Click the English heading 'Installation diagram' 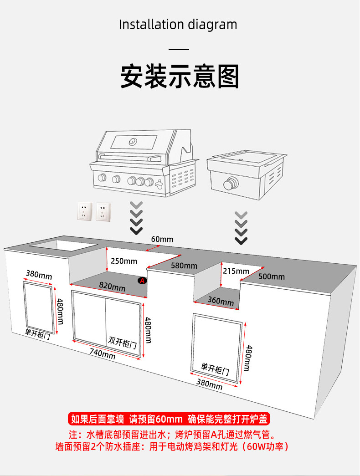[178, 25]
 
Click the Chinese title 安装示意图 [180, 76]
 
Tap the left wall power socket [84, 211]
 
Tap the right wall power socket [103, 211]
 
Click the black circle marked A [142, 281]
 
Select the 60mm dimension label [162, 239]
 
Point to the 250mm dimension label [124, 261]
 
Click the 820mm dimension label [112, 287]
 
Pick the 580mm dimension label [184, 266]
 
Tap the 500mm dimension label [272, 276]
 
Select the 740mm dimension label [102, 352]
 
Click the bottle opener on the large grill [159, 184]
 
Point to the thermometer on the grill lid [132, 141]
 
